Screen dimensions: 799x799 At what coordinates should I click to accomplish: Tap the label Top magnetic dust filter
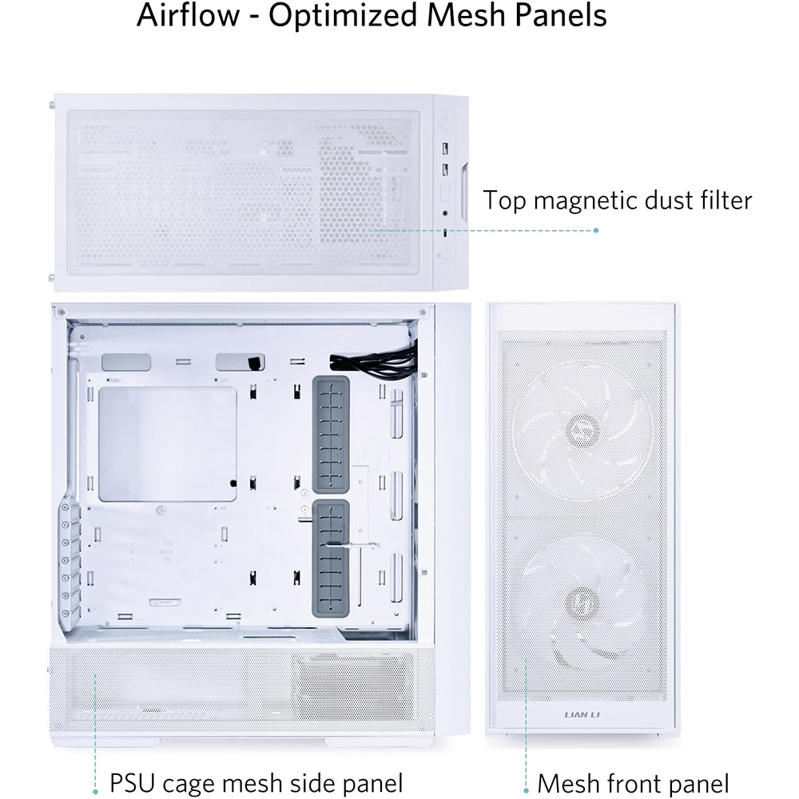point(617,201)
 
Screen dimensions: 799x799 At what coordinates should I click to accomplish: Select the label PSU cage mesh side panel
point(256,783)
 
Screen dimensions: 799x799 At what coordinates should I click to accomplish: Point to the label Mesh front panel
point(633,783)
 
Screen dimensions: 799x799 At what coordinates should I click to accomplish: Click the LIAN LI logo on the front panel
point(582,714)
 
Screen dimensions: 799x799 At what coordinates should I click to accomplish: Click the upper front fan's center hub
point(582,430)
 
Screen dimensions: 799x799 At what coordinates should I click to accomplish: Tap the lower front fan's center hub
point(582,602)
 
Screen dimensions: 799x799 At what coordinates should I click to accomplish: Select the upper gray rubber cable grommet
point(331,435)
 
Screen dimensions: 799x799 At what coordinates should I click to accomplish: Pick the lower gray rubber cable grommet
point(331,558)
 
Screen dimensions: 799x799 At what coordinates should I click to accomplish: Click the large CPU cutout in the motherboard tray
point(168,443)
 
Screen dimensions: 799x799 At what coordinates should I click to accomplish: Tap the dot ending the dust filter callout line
point(596,230)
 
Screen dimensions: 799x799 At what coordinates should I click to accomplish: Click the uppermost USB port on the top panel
point(445,149)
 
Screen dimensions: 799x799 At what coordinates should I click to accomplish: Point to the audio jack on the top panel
point(445,213)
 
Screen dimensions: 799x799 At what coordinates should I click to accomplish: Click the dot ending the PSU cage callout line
point(95,791)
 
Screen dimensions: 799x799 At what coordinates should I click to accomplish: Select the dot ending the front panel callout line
point(526,791)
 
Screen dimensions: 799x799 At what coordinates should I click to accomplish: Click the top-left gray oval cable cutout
point(126,362)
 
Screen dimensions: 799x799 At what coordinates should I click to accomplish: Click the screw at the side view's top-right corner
point(423,312)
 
